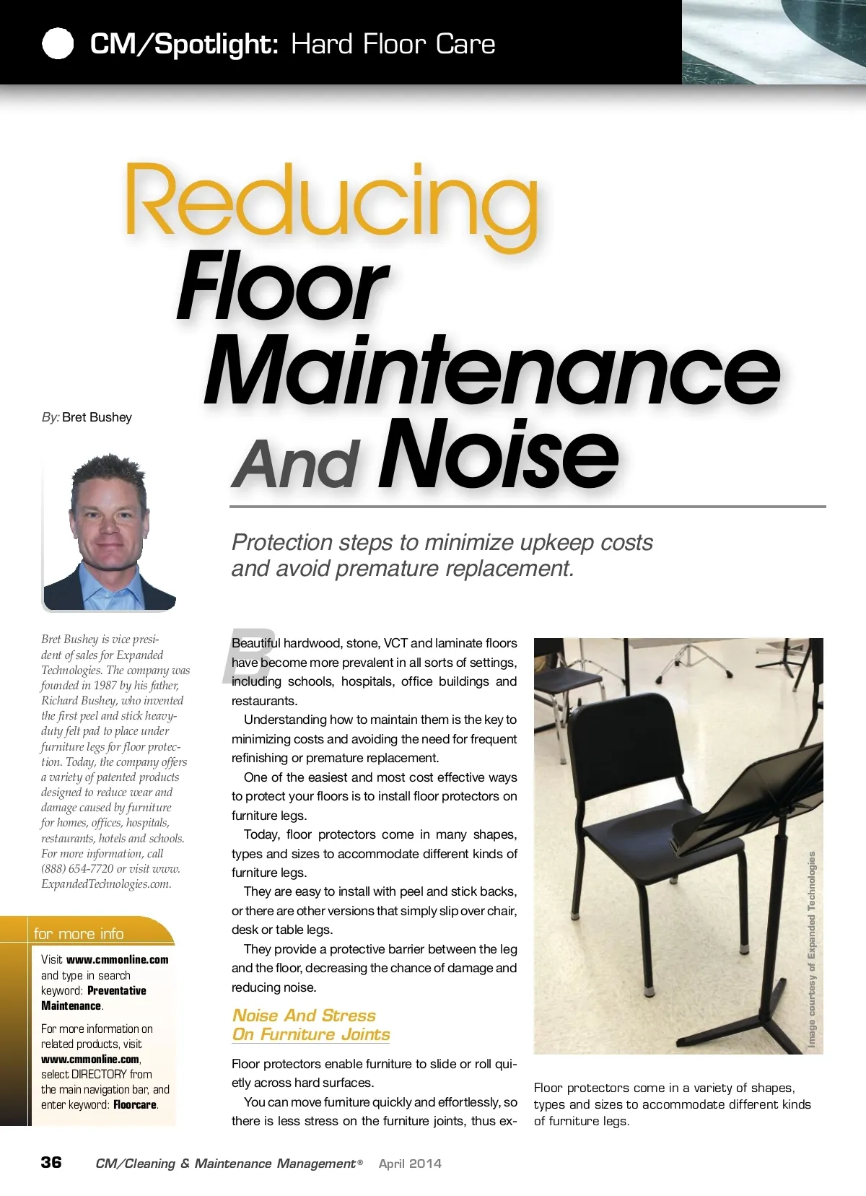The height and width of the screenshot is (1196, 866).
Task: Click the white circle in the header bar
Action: (x=58, y=43)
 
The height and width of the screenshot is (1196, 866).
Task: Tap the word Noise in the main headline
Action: (x=498, y=456)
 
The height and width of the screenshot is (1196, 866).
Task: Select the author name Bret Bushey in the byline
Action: (x=97, y=417)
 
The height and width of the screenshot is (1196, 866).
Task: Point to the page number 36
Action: (x=51, y=1162)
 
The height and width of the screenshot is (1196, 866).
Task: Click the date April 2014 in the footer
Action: (x=410, y=1164)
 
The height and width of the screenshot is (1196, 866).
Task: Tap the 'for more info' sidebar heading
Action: (x=79, y=933)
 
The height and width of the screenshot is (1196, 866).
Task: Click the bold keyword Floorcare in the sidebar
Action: (x=135, y=1105)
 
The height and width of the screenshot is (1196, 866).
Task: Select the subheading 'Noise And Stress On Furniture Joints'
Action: (x=310, y=1025)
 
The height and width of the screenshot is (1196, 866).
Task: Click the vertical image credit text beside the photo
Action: (x=812, y=949)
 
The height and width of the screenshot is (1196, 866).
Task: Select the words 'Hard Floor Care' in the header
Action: (x=393, y=45)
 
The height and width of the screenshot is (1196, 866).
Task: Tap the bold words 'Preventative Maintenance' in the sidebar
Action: (x=94, y=998)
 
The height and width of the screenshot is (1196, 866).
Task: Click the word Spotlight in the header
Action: (x=216, y=45)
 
